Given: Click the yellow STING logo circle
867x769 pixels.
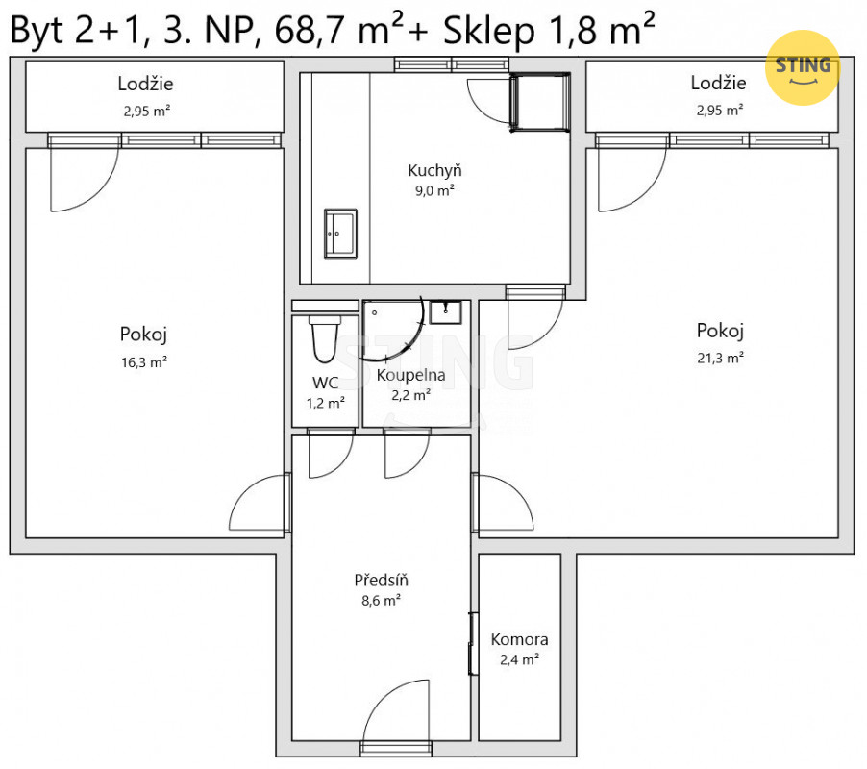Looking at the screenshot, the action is click(803, 67).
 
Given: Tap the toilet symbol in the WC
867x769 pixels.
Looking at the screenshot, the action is click(325, 339).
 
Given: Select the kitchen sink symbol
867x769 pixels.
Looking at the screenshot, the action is click(340, 234).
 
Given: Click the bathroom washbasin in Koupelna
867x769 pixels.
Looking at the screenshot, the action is click(446, 312).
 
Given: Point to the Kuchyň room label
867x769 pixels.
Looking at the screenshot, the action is click(434, 170).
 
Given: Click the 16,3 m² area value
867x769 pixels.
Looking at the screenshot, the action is click(144, 362).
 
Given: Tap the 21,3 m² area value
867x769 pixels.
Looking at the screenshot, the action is click(720, 359).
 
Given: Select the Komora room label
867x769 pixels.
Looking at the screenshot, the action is click(519, 639).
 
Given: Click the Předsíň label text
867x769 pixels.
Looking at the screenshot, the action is click(381, 580).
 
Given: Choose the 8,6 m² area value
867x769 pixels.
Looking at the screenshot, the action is click(381, 601).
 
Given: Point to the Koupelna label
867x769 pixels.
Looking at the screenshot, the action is click(410, 376).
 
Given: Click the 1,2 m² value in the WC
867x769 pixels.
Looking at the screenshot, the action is click(326, 403).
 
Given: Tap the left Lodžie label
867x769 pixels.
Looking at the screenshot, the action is click(145, 84).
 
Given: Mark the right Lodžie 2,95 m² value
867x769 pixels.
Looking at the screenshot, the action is click(719, 111).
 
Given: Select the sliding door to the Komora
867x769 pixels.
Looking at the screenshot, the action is click(473, 644).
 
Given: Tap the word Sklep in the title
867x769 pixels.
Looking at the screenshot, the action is click(489, 32).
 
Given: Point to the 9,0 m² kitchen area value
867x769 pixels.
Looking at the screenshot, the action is click(434, 190).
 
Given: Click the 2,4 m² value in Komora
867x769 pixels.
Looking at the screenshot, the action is click(519, 659).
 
